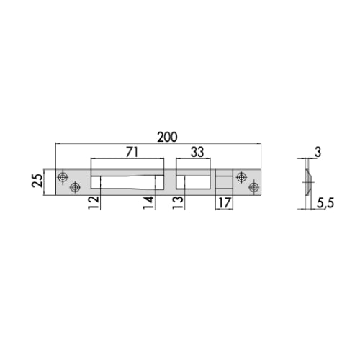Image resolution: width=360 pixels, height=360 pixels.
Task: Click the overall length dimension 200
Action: [x=168, y=137]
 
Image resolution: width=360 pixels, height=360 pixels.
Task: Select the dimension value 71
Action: [x=132, y=152]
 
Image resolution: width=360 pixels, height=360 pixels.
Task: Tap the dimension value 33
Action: [x=197, y=152]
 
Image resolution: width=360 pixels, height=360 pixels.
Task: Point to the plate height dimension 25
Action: [x=37, y=181]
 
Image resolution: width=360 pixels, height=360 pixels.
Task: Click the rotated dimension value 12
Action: [x=94, y=202]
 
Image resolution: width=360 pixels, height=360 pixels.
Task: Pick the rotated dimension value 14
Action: [x=148, y=203]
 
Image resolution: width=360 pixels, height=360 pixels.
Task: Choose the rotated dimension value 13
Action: [x=178, y=203]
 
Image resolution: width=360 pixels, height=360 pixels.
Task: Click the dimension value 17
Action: [x=225, y=203]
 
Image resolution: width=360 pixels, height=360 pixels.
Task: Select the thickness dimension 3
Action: [x=318, y=152]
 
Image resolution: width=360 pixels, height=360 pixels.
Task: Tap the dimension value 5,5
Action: [x=325, y=204]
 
